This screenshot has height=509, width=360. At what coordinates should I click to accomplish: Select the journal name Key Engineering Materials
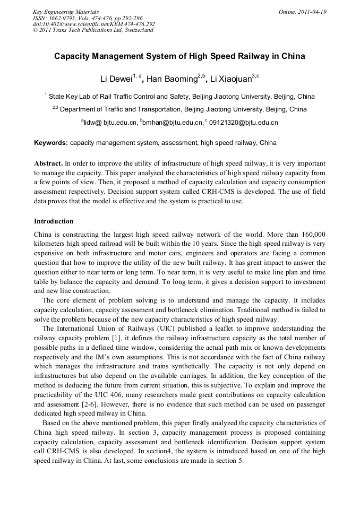click(x=66, y=12)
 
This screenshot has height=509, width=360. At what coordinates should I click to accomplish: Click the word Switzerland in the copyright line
click(x=138, y=30)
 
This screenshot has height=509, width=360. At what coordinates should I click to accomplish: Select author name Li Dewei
click(x=116, y=80)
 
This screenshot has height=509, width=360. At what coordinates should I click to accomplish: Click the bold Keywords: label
click(x=51, y=143)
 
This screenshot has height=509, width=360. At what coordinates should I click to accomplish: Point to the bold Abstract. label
click(x=48, y=163)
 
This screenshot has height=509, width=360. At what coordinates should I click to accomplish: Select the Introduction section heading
click(x=54, y=221)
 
